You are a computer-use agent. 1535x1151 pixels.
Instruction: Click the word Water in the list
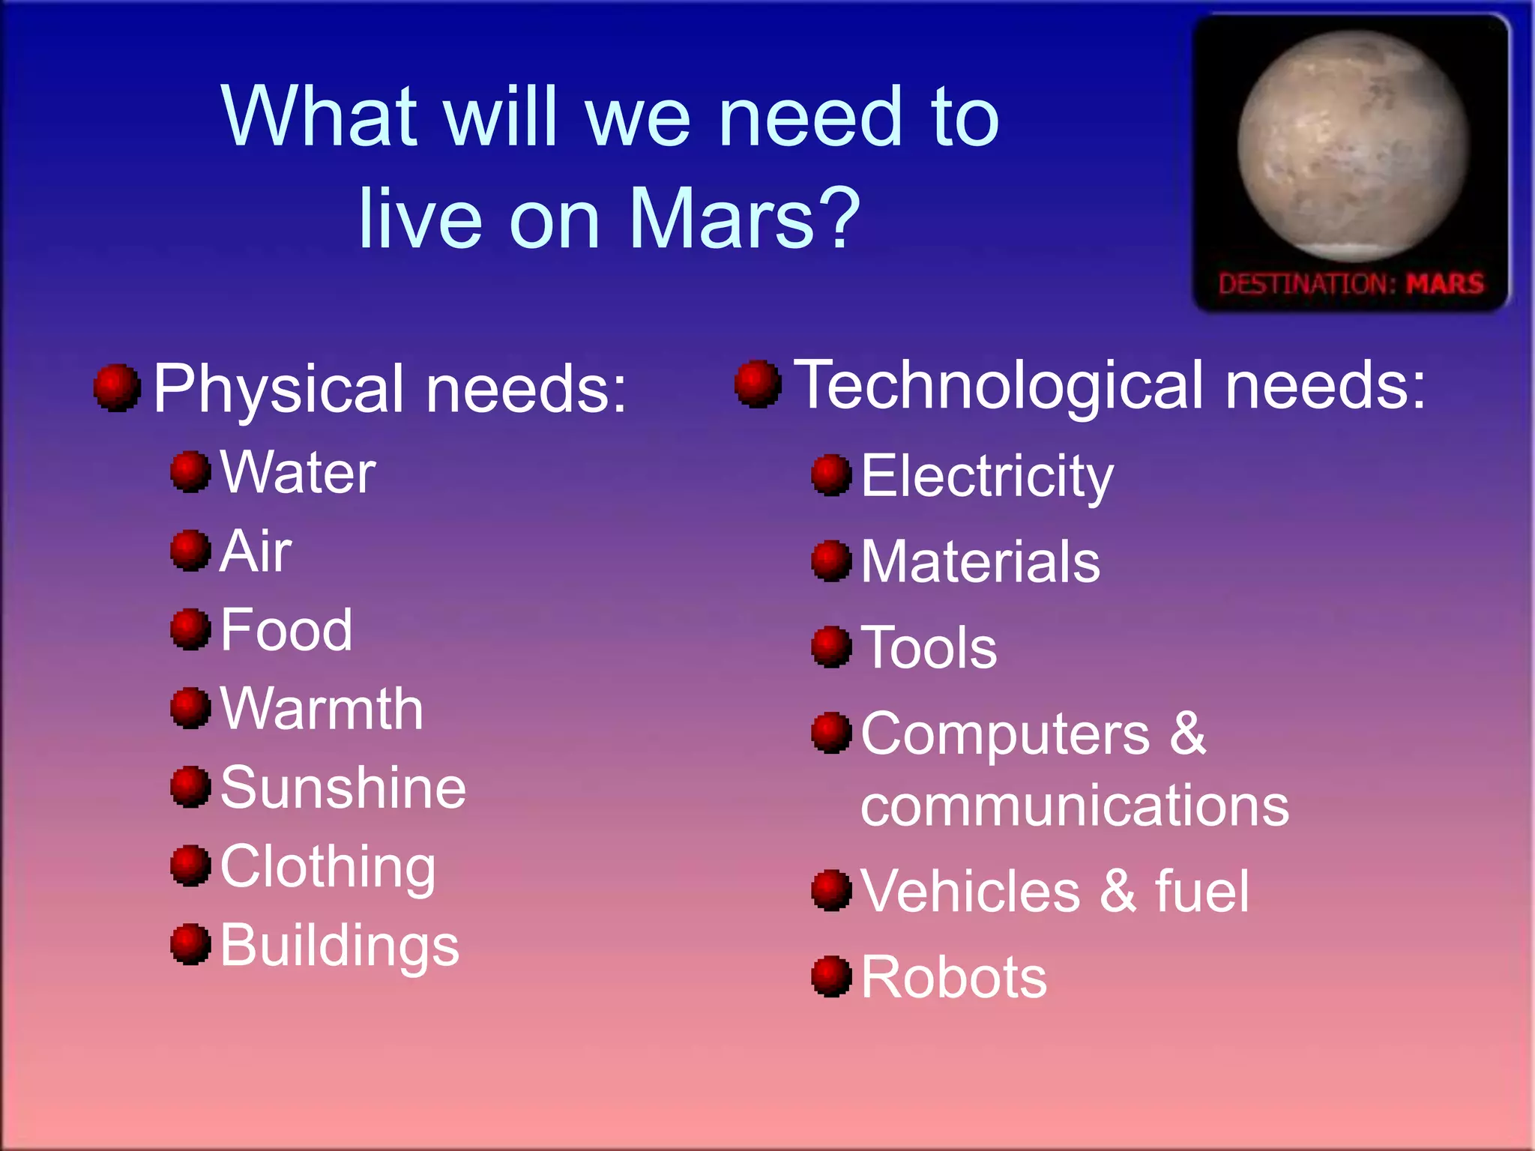click(x=298, y=474)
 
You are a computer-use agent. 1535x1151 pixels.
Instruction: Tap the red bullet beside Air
click(x=190, y=550)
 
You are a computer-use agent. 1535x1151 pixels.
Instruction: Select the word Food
click(x=286, y=630)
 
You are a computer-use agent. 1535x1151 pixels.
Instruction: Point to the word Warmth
click(x=322, y=709)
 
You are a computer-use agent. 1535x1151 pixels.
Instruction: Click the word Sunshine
click(x=343, y=788)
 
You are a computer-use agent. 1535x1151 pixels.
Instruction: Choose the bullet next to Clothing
click(x=190, y=865)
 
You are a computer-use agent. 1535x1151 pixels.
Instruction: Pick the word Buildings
click(x=340, y=946)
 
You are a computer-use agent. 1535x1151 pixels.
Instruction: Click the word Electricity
click(x=987, y=477)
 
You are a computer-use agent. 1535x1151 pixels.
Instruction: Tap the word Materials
click(x=980, y=562)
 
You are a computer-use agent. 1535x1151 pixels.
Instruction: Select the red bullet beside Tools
click(x=832, y=646)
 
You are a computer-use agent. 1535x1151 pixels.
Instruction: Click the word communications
click(x=1075, y=807)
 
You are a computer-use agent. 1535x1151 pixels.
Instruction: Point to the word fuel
click(x=1202, y=892)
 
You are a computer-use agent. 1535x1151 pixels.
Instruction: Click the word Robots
click(x=953, y=978)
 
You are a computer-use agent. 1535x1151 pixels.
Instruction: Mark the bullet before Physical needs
click(x=117, y=387)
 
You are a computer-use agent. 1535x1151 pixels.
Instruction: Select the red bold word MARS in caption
click(x=1444, y=284)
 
